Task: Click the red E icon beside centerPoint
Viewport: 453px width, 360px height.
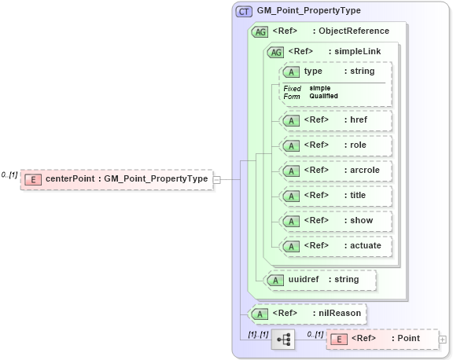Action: tap(33, 179)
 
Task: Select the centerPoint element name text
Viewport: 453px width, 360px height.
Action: tap(70, 179)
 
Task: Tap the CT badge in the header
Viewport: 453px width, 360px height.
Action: tap(244, 11)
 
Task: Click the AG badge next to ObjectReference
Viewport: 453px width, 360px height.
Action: tap(259, 31)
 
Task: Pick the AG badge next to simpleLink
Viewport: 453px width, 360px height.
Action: tap(275, 52)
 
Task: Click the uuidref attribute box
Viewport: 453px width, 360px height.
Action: tap(320, 279)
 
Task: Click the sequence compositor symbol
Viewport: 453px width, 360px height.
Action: tap(282, 340)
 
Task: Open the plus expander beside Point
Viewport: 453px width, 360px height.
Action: tap(442, 340)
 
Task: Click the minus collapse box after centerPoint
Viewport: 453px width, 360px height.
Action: tap(216, 179)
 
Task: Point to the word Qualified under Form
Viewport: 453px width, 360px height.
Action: tap(323, 96)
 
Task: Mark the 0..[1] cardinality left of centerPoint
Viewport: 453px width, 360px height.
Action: tap(9, 174)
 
